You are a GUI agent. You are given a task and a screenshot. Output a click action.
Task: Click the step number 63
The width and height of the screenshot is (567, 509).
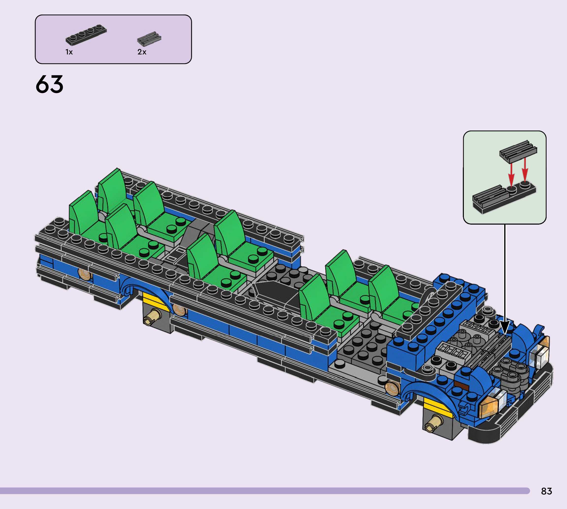pyautogui.click(x=49, y=84)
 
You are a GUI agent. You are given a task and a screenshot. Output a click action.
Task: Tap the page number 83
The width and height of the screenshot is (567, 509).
pyautogui.click(x=546, y=491)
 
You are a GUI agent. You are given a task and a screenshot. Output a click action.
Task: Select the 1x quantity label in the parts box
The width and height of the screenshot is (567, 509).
pyautogui.click(x=69, y=52)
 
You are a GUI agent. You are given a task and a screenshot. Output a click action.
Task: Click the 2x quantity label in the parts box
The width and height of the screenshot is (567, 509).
pyautogui.click(x=142, y=52)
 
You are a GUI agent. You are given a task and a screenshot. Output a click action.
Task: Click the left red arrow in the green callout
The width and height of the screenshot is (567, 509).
pyautogui.click(x=511, y=174)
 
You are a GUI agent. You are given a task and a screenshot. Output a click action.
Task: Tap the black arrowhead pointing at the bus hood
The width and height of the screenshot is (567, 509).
pyautogui.click(x=505, y=327)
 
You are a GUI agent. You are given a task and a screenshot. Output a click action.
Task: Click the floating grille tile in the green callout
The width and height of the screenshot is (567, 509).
pyautogui.click(x=518, y=151)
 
